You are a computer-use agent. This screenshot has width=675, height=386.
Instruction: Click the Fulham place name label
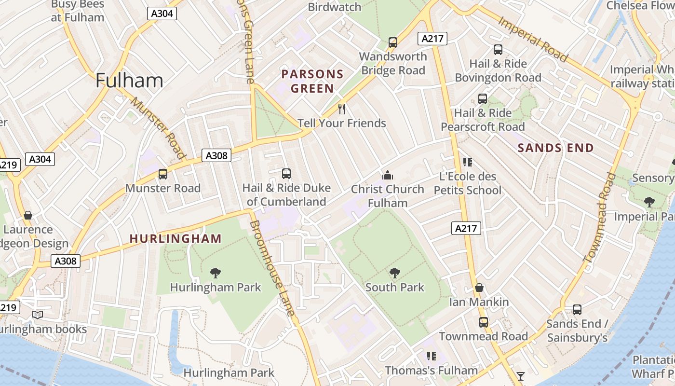tap(129, 80)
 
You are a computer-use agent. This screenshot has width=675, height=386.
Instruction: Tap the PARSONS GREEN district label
tap(312, 81)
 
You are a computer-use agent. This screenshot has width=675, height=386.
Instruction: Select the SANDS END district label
tap(555, 148)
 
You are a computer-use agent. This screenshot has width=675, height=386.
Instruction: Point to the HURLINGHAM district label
tap(175, 238)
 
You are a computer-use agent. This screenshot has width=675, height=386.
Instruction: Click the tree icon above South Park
tap(395, 273)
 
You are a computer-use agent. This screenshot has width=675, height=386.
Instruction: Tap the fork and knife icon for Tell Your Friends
tap(342, 109)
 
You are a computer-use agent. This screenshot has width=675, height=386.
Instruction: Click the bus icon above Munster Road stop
tap(163, 174)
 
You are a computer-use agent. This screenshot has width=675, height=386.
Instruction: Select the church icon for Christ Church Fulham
tap(388, 175)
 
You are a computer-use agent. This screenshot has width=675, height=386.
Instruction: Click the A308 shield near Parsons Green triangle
tap(216, 155)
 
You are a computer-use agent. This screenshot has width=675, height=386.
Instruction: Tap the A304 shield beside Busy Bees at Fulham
tap(162, 14)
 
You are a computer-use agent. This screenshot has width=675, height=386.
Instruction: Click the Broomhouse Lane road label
tap(272, 268)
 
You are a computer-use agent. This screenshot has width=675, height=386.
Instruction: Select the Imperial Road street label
tap(532, 39)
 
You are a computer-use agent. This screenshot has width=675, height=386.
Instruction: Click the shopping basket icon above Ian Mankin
tap(479, 288)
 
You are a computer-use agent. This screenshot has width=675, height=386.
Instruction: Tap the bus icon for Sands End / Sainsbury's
tap(577, 309)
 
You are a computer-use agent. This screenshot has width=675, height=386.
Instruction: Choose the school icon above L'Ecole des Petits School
tap(467, 162)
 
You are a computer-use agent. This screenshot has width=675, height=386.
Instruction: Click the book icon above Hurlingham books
tap(37, 315)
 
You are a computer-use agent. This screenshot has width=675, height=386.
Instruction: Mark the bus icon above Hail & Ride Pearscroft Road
tap(483, 99)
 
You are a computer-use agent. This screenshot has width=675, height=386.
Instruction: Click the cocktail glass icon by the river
tap(521, 375)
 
